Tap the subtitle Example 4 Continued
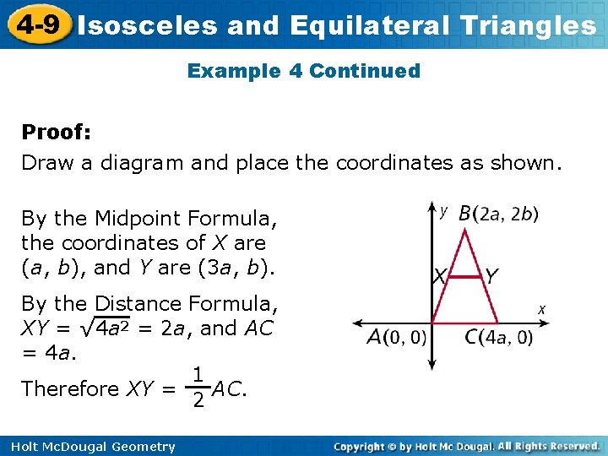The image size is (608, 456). point(304,71)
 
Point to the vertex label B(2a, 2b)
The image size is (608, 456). point(498,214)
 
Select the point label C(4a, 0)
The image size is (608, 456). point(498,338)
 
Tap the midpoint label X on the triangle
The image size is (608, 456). point(439,276)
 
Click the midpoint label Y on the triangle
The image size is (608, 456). point(491,276)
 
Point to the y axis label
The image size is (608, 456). point(445,211)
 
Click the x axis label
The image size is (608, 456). point(541,310)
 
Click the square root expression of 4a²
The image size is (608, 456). point(105,328)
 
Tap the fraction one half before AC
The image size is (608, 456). point(196,388)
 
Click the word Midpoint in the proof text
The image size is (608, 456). point(139,219)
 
